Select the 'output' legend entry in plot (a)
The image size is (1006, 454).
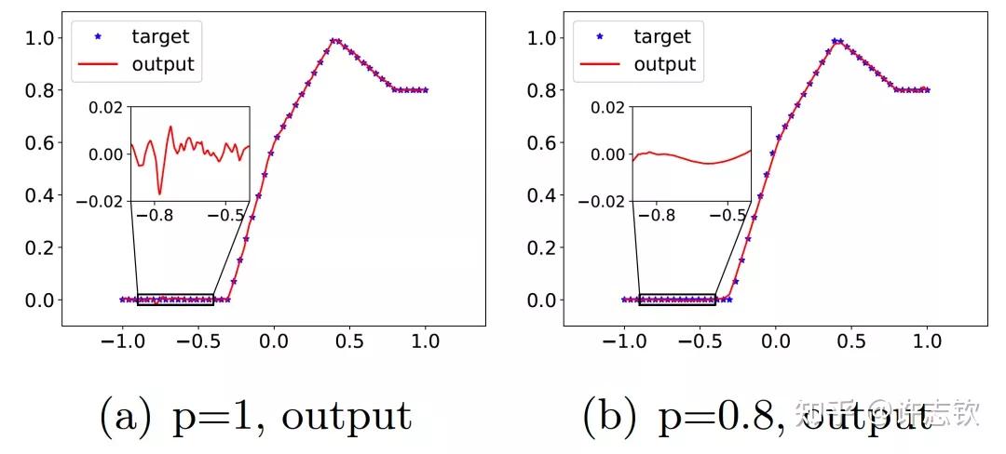click(163, 64)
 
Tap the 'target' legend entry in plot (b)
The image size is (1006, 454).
click(662, 37)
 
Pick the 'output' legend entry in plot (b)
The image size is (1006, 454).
click(665, 64)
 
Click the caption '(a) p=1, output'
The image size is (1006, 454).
click(255, 416)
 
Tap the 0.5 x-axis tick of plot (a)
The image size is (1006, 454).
click(350, 342)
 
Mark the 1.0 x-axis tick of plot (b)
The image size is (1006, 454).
click(928, 342)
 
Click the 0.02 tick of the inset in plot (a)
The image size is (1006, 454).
click(106, 107)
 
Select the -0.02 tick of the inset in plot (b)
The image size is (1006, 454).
click(604, 201)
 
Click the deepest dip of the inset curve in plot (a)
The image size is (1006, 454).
click(159, 194)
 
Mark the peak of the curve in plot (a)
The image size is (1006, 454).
click(334, 40)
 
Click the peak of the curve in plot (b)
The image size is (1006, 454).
click(837, 41)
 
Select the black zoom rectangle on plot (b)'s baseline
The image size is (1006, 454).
click(677, 300)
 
